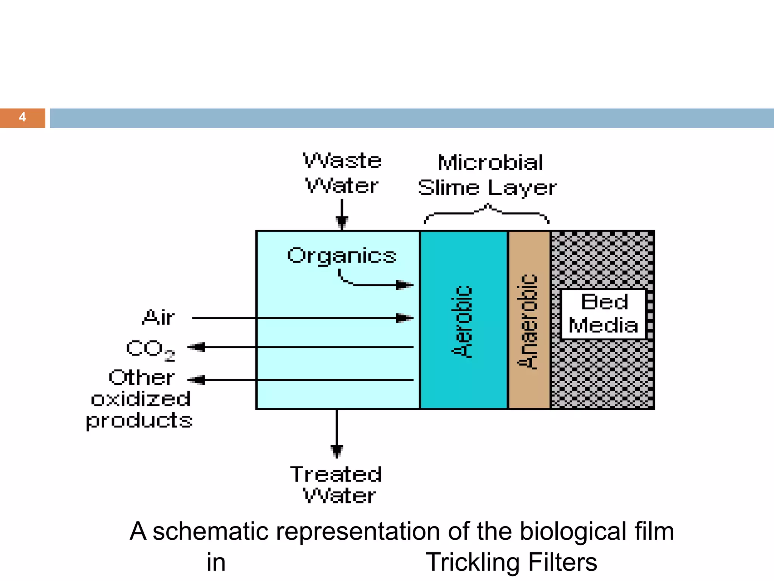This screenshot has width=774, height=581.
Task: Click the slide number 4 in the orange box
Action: [x=22, y=117]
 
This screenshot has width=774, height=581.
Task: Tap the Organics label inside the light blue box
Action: [x=342, y=256]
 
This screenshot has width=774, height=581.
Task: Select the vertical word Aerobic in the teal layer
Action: [x=462, y=321]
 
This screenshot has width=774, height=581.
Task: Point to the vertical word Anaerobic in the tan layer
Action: [x=528, y=321]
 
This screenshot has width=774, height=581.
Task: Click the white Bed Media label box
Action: [x=604, y=314]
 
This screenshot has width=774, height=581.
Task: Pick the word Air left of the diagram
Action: [x=158, y=317]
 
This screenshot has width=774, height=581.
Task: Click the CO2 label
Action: [x=150, y=349]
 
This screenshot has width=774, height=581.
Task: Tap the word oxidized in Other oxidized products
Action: [x=141, y=399]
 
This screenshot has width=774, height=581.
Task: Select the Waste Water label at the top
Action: [x=342, y=173]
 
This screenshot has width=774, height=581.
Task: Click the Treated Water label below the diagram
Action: [x=336, y=485]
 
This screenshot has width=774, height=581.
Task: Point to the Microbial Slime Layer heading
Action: [x=488, y=175]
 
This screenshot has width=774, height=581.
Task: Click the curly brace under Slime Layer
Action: [x=487, y=213]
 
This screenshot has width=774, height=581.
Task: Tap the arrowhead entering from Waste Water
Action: [x=342, y=223]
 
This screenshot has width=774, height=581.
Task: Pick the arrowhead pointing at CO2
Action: [x=197, y=347]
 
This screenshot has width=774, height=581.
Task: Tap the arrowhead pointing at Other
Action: [x=197, y=380]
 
